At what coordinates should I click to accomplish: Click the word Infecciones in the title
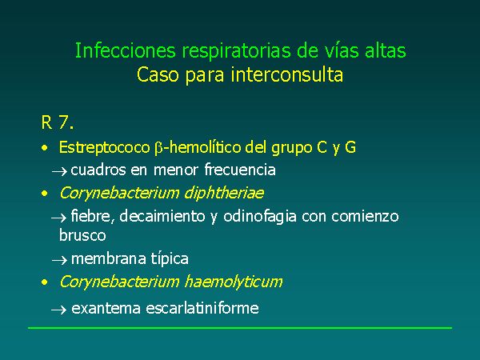[x=126, y=50]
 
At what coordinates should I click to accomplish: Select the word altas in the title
[x=385, y=50]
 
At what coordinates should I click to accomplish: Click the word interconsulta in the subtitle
[x=287, y=74]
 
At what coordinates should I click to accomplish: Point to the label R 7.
[x=58, y=122]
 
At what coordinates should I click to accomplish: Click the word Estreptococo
[x=104, y=147]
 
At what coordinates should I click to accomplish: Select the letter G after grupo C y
[x=350, y=147]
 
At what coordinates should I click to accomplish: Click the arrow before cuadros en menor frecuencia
[x=59, y=171]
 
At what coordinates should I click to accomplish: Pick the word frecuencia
[x=240, y=170]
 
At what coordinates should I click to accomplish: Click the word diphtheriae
[x=224, y=193]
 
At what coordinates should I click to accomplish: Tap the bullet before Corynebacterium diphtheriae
[x=45, y=194]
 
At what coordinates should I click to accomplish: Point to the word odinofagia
[x=260, y=217]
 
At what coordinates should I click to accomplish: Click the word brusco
[x=82, y=235]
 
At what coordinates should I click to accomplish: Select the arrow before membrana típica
[x=59, y=260]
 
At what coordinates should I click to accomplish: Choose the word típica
[x=170, y=259]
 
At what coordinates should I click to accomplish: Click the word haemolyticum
[x=234, y=282]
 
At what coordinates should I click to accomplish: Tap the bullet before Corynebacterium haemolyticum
[x=45, y=282]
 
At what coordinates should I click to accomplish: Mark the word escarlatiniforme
[x=202, y=308]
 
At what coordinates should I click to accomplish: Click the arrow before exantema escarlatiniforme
[x=58, y=310]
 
